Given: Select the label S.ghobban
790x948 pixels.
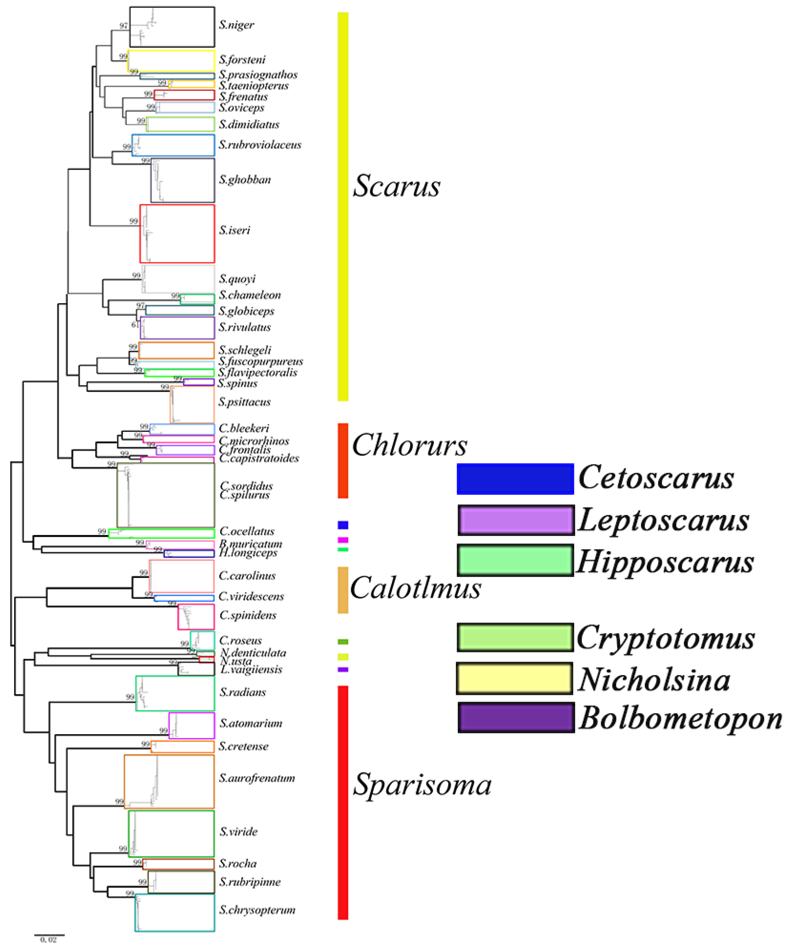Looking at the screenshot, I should pos(245,180).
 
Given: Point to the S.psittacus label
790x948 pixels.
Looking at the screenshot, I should pos(244,402).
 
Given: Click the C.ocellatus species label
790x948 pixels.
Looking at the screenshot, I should pos(247,531).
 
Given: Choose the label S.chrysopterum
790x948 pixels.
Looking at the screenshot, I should pos(257,910).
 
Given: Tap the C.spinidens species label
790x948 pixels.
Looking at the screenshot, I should pos(248,615).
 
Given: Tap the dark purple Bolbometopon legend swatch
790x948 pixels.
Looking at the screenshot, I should pos(516,717).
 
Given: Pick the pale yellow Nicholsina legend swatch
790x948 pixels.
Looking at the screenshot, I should pos(515,678).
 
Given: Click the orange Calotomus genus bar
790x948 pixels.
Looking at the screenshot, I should pos(343,590).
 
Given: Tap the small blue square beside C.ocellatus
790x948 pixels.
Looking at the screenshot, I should pos(343,525).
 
